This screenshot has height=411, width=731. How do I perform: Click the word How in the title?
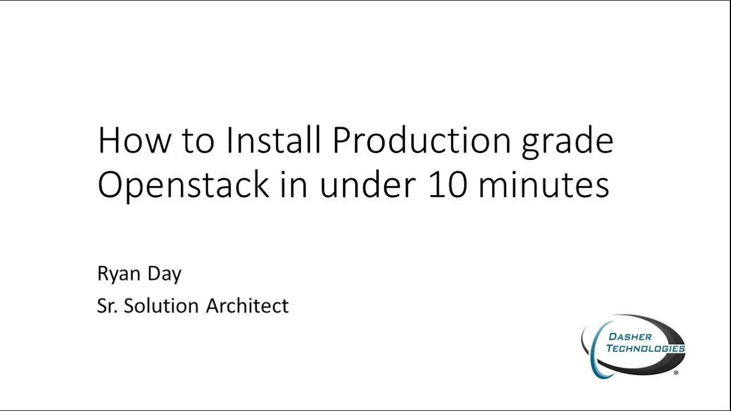tap(134, 140)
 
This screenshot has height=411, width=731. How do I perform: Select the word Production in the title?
tap(421, 140)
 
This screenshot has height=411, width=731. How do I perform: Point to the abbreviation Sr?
tap(107, 306)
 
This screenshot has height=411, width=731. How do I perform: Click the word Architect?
tap(247, 306)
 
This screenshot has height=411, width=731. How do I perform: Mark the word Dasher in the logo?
tap(630, 336)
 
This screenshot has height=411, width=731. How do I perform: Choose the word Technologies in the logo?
tap(645, 348)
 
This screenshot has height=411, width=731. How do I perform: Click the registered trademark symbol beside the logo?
tap(676, 373)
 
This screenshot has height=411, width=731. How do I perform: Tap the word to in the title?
tap(198, 142)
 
